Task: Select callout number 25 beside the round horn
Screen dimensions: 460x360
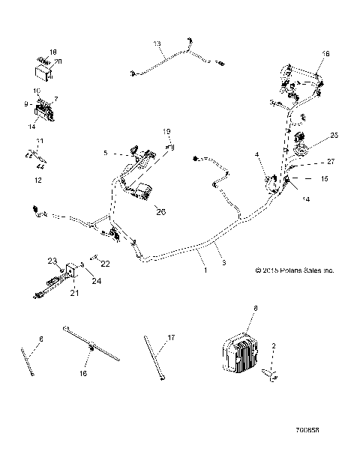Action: pyautogui.click(x=334, y=136)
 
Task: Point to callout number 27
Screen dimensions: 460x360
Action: pyautogui.click(x=331, y=161)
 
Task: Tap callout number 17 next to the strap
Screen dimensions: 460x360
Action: pyautogui.click(x=171, y=338)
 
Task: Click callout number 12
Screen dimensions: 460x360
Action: pyautogui.click(x=39, y=180)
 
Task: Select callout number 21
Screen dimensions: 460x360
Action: pyautogui.click(x=73, y=293)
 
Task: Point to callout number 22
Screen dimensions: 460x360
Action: pyautogui.click(x=105, y=263)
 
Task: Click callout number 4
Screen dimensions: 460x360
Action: pyautogui.click(x=256, y=155)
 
